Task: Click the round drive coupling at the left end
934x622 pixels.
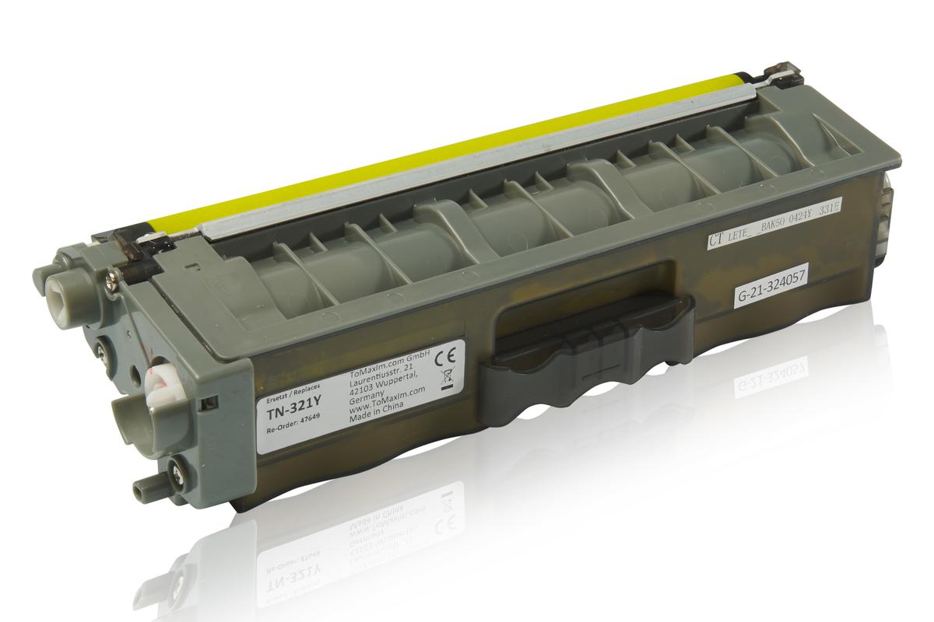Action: click(x=61, y=289)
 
